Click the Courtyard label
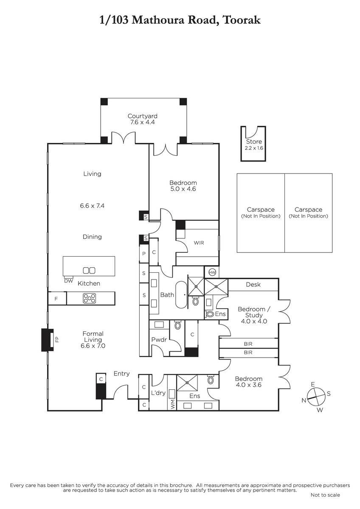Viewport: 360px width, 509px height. (142, 116)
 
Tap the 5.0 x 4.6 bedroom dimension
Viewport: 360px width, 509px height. (183, 189)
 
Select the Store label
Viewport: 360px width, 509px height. (254, 142)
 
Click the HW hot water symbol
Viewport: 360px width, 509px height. (212, 273)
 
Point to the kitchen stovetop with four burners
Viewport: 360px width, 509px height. (90, 298)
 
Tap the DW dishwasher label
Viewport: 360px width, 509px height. (68, 281)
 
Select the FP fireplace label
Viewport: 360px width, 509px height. (57, 339)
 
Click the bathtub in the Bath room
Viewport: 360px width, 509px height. (181, 295)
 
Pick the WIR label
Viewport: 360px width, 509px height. (199, 243)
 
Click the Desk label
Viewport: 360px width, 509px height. (253, 285)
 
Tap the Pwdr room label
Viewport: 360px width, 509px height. (159, 340)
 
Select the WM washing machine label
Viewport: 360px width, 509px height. (172, 405)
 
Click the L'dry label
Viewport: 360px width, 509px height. (158, 393)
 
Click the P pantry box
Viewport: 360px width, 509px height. (144, 254)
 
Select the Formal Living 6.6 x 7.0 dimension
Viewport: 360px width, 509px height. (93, 346)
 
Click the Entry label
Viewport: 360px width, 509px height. (121, 374)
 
